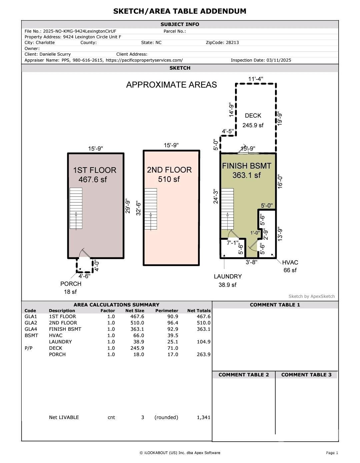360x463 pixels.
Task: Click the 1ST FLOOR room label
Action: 95,170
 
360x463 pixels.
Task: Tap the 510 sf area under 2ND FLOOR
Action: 169,179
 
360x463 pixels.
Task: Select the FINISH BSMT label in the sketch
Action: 247,166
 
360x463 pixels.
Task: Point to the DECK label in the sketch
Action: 253,116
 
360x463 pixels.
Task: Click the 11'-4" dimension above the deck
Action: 256,79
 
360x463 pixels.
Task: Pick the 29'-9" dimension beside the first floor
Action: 128,206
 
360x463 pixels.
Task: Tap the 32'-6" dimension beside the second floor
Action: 138,208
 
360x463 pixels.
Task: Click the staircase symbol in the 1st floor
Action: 76,208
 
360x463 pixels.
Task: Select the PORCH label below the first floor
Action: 71,284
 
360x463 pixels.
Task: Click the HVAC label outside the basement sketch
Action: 290,262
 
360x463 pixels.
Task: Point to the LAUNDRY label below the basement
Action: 228,276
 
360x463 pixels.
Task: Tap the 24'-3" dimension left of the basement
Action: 216,197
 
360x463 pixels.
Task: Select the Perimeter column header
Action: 167,310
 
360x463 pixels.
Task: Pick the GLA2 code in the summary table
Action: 31,323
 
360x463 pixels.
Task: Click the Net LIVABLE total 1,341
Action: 203,417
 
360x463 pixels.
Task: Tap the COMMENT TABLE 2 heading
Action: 244,375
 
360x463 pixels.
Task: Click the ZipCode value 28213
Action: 232,43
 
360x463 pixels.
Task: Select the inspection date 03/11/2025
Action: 279,60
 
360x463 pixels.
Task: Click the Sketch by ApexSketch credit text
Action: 311,296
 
